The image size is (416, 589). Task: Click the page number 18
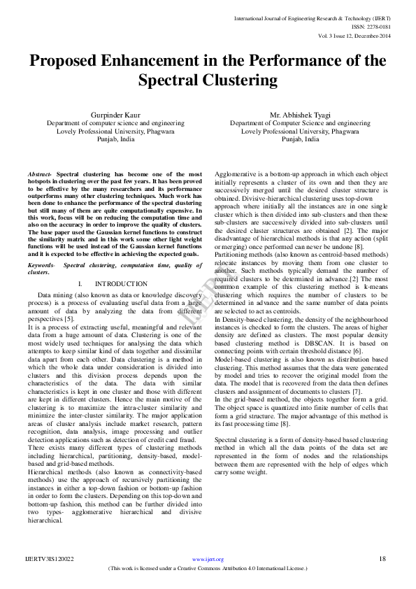(382, 558)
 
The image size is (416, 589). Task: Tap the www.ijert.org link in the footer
(208, 559)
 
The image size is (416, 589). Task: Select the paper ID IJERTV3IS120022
(50, 559)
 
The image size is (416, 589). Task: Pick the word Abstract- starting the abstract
(40, 173)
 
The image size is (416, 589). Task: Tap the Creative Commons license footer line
(208, 569)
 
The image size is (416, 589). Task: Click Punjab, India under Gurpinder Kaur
(115, 139)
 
